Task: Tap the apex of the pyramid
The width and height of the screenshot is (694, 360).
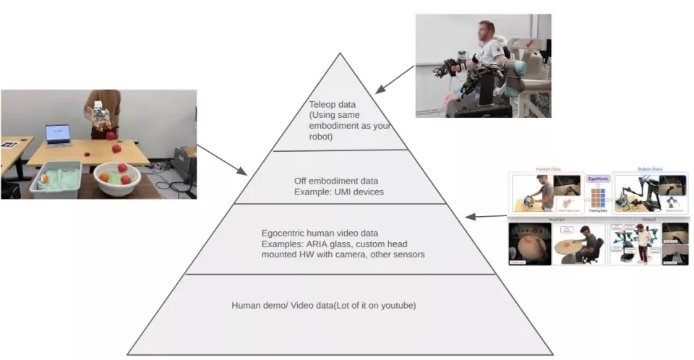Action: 340,53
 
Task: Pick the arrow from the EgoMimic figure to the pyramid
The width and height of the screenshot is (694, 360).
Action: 486,215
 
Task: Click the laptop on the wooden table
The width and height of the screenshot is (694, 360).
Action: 58,134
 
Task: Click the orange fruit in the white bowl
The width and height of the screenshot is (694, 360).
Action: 104,176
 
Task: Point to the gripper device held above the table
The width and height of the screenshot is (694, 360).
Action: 98,116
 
